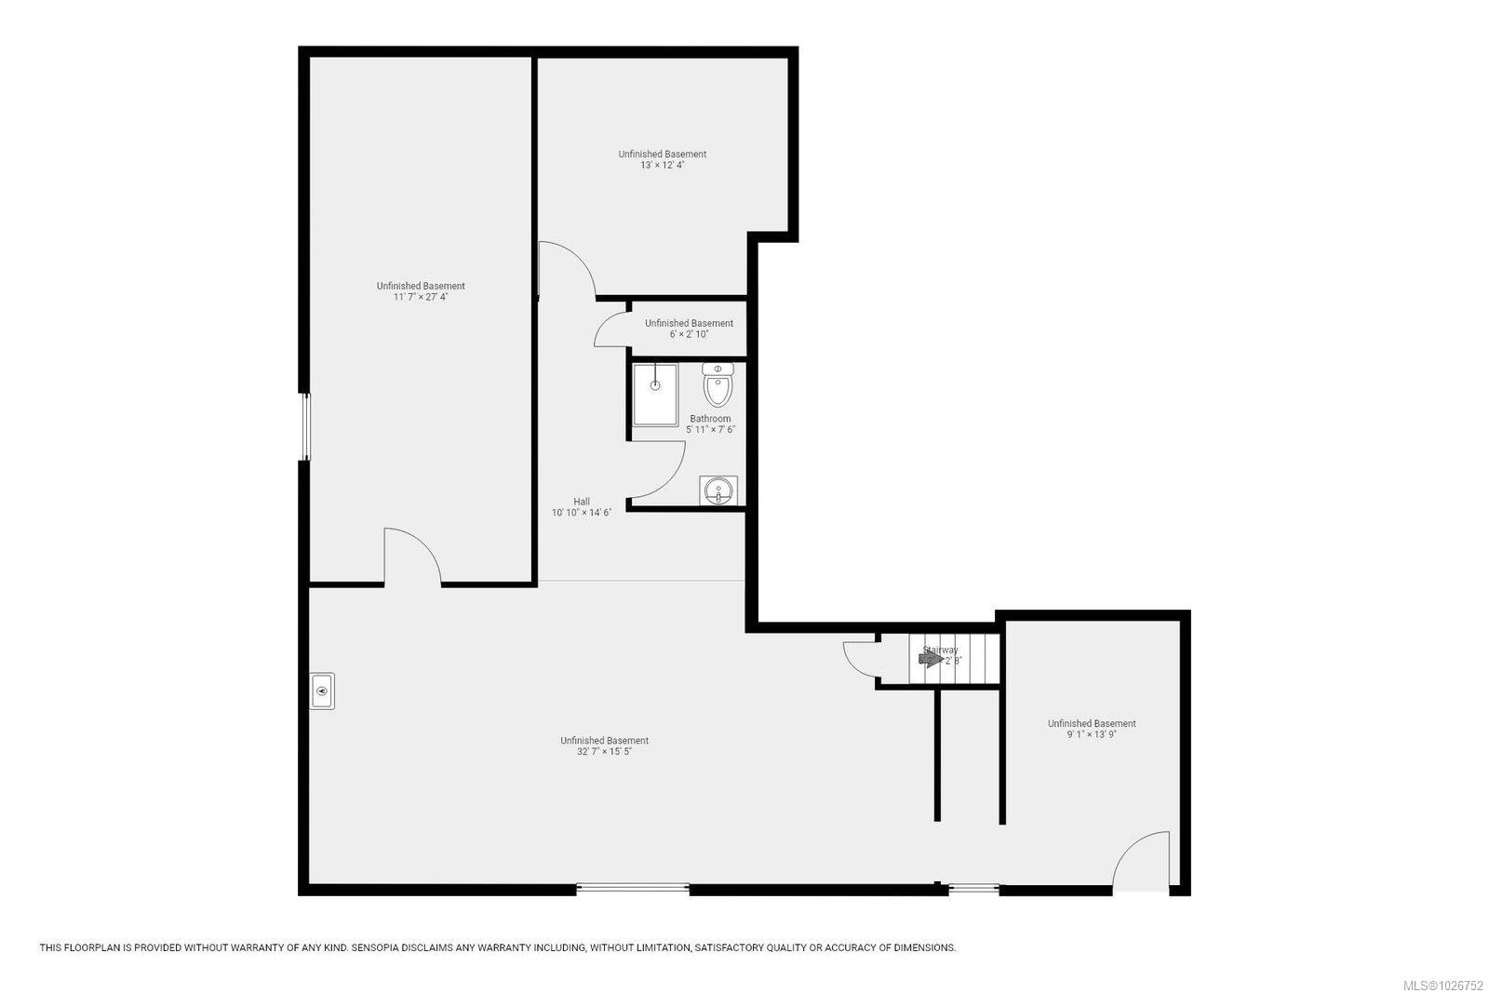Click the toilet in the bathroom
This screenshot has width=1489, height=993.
click(718, 383)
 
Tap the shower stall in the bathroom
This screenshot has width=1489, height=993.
click(655, 395)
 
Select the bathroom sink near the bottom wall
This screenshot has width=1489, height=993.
click(718, 490)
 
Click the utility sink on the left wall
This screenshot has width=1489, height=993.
click(322, 691)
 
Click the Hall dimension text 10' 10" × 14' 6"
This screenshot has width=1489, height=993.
click(581, 513)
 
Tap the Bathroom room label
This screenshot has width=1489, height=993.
click(710, 419)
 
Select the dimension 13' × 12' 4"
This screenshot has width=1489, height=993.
click(662, 166)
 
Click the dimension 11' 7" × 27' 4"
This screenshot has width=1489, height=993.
click(421, 297)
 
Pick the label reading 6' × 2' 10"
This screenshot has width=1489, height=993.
click(689, 334)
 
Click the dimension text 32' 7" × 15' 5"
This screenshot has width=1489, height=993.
click(604, 752)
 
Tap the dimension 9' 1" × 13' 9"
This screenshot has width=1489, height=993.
click(1091, 734)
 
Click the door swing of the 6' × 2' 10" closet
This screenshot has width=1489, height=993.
click(610, 330)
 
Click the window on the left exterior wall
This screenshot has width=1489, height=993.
click(304, 426)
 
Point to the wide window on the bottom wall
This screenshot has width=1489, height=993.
click(633, 889)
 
